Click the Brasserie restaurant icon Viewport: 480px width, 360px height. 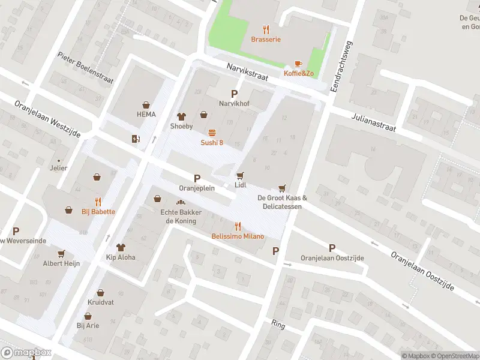pos(266,29)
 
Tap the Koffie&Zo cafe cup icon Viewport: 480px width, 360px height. pos(298,64)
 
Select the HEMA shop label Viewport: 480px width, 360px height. pos(146,114)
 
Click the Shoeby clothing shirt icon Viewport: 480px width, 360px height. pos(181,116)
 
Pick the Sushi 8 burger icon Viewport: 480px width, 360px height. pos(212,133)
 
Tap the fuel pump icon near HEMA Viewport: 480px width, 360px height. pos(136,139)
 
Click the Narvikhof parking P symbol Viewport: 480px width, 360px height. pos(234,94)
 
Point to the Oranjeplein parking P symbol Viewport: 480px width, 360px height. pos(197,178)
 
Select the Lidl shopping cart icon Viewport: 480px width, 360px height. pos(241,175)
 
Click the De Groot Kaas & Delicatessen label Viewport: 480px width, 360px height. pos(282,202)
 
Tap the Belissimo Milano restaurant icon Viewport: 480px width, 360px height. pos(238,226)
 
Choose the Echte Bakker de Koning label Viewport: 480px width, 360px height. pos(181,217)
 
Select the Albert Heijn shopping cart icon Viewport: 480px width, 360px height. pos(61,253)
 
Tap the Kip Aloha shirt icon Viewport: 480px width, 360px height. pos(121,247)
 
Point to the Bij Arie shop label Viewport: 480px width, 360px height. pos(88,325)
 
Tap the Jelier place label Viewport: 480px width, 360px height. pos(58,168)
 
